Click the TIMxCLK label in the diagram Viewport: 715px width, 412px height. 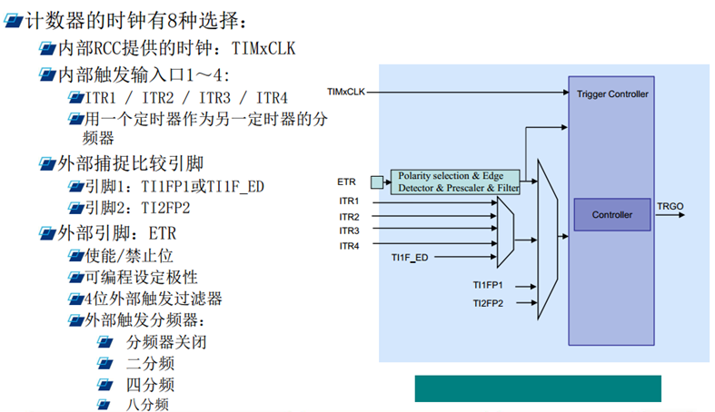[x=346, y=92]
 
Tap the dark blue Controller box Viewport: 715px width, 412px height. [x=611, y=215]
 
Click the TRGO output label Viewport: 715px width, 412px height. [x=670, y=207]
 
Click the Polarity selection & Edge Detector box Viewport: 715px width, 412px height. [x=454, y=181]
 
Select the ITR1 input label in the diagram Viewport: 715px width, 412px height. [x=349, y=201]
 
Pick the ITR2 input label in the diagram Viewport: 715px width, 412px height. [x=349, y=217]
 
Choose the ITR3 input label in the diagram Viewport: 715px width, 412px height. [x=349, y=231]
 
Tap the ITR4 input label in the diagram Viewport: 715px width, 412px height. [x=349, y=246]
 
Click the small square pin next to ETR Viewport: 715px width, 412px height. [x=375, y=181]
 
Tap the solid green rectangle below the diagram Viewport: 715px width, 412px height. [x=538, y=387]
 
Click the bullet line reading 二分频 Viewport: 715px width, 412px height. [x=150, y=363]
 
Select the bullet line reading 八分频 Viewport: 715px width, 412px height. [x=150, y=405]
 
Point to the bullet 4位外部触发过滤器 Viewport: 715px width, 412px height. [x=154, y=298]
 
